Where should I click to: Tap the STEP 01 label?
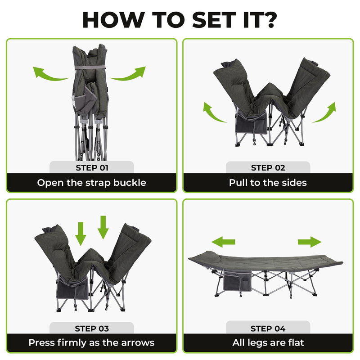tap(91, 168)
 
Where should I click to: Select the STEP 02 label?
tap(268, 168)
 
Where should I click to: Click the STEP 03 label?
tap(91, 328)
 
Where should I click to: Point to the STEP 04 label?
tap(268, 328)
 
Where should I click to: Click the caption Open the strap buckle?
tap(91, 183)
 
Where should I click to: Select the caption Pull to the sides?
tap(268, 183)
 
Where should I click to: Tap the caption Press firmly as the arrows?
tap(91, 343)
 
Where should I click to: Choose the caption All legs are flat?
tap(268, 343)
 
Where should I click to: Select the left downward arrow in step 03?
tap(81, 232)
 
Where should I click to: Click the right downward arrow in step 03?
tap(103, 227)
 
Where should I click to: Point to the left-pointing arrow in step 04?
tap(223, 242)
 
